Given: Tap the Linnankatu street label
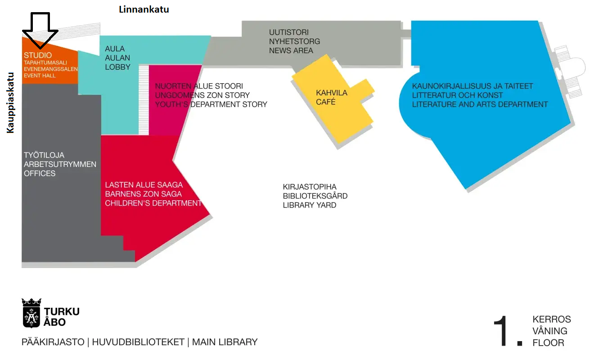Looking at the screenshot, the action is point(144,9).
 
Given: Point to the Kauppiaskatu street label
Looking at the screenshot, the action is point(10,103).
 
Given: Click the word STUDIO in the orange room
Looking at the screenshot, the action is point(38,55).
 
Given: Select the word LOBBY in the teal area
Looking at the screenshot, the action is point(117,67).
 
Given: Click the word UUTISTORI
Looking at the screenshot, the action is point(289,32).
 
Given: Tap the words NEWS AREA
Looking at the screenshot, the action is point(291,51).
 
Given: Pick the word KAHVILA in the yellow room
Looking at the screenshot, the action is point(332,93).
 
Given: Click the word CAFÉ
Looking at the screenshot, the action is point(326,102).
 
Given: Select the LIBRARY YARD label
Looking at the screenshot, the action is point(310,205).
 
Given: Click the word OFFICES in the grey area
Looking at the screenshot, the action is point(40,173).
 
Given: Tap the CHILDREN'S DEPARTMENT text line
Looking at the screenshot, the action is point(153,203).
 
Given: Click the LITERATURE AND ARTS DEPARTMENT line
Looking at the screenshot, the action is point(480,104).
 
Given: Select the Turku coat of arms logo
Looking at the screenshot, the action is point(31,313).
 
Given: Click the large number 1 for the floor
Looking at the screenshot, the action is point(501,331).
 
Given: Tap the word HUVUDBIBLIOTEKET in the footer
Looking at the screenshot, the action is point(138,342).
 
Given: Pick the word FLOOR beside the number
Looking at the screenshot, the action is point(549,343).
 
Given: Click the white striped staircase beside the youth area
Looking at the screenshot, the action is point(144,100).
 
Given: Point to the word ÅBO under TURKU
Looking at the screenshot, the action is point(54,322).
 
